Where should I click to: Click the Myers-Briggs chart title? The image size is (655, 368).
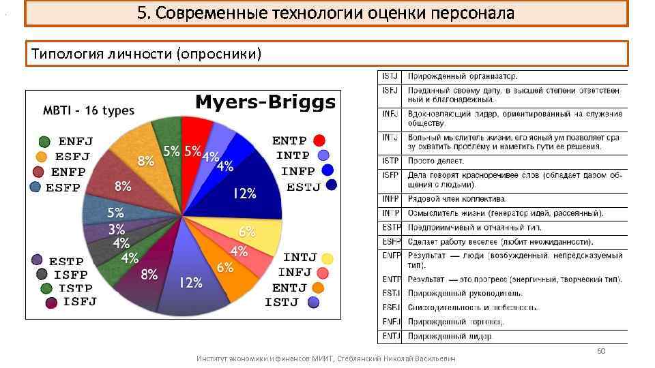point(265,103)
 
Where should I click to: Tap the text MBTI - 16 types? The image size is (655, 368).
point(89,110)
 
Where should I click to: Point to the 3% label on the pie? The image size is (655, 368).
point(117,229)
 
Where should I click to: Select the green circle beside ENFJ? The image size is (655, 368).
point(44,142)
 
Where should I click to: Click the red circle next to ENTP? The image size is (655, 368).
point(319,141)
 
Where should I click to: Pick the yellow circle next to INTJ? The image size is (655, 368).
point(327,258)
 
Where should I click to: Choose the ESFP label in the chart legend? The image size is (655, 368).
point(63,187)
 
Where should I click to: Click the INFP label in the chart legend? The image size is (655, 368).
point(298,170)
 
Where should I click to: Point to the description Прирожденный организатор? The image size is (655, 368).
point(463,76)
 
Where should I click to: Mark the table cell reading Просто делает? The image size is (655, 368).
point(436,161)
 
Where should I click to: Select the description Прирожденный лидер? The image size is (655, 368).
point(450,336)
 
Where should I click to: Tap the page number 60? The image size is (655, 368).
point(601,351)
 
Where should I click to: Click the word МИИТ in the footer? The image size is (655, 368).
point(321,358)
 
